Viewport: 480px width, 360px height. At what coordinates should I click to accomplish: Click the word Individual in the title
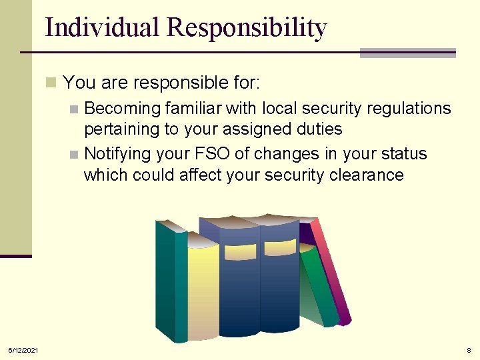(103, 27)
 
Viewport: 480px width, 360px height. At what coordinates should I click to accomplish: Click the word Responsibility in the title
(247, 27)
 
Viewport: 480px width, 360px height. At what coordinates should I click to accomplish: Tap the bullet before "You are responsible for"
(51, 83)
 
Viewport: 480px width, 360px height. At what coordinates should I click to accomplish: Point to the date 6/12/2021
(23, 350)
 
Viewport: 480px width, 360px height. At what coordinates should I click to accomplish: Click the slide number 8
(469, 350)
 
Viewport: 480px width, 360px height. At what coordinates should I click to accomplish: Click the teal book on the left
(171, 280)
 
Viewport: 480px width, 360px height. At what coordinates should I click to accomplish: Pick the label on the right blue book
(280, 248)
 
